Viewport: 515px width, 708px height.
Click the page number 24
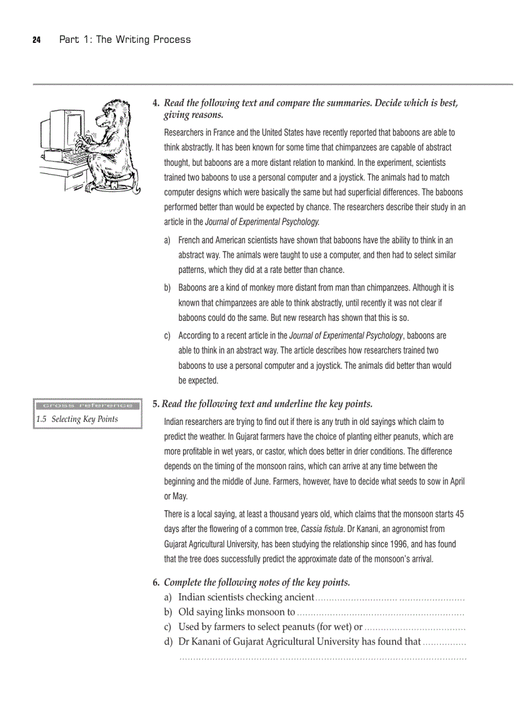click(x=36, y=40)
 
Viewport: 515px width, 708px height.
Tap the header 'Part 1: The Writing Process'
click(x=125, y=40)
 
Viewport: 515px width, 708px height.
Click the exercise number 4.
click(x=156, y=103)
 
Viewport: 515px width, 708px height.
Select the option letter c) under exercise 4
click(x=168, y=336)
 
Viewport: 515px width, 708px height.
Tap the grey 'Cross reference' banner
click(x=88, y=405)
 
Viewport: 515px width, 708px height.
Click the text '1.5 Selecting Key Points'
click(x=77, y=419)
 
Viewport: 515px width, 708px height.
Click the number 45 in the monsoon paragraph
click(x=459, y=514)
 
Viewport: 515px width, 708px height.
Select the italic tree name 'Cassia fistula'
click(x=323, y=529)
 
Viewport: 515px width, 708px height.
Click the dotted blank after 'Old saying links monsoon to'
click(x=381, y=612)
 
